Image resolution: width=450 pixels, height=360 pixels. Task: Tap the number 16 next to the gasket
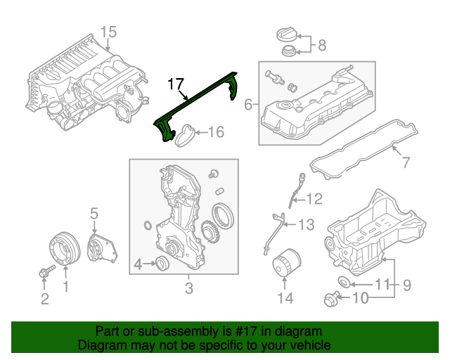point(216,131)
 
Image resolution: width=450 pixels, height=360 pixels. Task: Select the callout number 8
point(322,46)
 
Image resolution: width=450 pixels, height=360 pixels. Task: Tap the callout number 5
point(94,212)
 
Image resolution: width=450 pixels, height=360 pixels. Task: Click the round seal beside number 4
point(161,264)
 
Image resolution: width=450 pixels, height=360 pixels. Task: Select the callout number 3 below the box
point(188,288)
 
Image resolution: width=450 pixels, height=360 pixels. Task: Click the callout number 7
point(404,162)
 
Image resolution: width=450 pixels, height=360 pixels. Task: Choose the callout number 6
point(247,105)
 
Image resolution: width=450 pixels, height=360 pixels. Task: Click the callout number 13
point(307,225)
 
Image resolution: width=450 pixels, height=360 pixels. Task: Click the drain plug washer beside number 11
point(344,283)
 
